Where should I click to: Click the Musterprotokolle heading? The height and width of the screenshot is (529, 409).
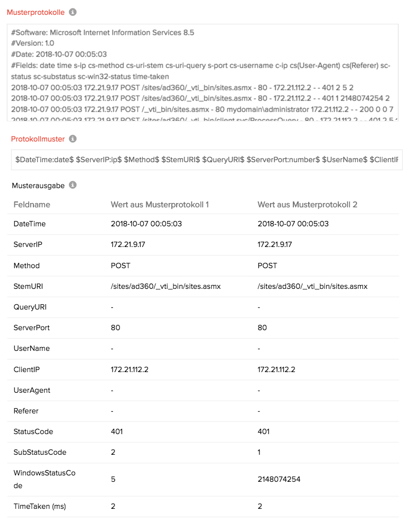36,12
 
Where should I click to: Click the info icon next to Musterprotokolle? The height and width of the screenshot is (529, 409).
73,12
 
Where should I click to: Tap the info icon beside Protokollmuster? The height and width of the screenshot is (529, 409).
73,139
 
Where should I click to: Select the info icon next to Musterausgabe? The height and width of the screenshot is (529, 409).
73,185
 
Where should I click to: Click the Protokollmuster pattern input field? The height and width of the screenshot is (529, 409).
206,160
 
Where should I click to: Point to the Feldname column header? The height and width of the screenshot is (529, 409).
32,205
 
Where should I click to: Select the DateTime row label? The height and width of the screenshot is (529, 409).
30,224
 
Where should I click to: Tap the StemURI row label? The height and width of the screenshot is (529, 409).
28,286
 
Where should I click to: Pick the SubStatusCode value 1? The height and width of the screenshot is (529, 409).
259,453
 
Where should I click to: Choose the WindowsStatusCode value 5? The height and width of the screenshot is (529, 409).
113,479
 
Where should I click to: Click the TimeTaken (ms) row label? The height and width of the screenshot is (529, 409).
40,507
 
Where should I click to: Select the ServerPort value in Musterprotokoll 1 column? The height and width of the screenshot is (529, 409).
115,328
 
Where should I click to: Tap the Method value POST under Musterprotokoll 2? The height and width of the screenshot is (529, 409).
267,266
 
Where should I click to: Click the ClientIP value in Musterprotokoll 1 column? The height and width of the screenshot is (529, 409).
129,369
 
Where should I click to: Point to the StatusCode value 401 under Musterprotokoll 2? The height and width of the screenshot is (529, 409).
263,432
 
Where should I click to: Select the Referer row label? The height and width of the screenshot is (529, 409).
26,411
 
